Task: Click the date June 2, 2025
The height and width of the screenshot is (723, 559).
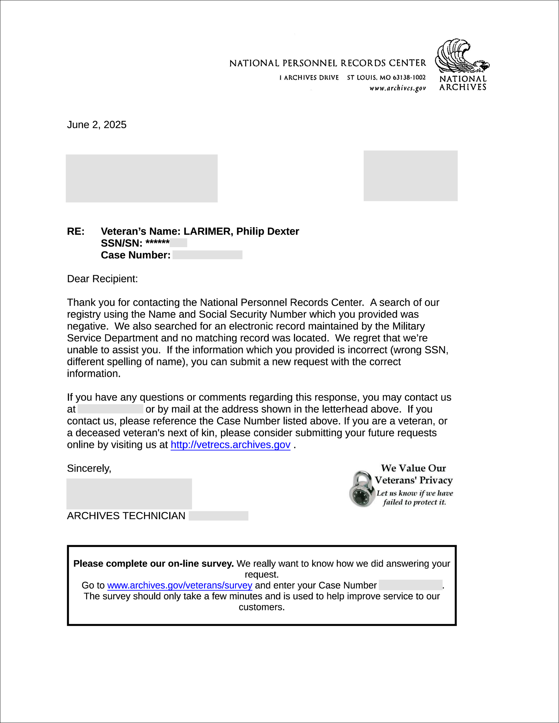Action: tap(96, 125)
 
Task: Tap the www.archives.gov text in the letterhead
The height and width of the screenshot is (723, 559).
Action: tap(398, 88)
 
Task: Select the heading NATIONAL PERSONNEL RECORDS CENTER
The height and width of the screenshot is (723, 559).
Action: tap(328, 63)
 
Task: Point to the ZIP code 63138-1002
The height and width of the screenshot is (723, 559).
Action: tap(409, 78)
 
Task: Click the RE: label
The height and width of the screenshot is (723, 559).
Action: tap(76, 231)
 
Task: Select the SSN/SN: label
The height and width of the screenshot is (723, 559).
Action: tap(122, 243)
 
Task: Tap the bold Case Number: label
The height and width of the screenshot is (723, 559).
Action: tap(135, 255)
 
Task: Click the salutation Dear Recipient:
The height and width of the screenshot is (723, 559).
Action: tap(102, 279)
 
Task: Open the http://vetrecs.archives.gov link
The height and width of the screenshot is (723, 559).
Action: tap(231, 445)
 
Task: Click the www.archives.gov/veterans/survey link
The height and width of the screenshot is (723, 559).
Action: tap(180, 585)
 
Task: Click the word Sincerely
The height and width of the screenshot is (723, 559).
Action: tap(89, 468)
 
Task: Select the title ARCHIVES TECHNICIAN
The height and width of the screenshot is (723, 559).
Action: tap(126, 516)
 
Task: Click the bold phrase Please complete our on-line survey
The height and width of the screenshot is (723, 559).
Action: tap(154, 563)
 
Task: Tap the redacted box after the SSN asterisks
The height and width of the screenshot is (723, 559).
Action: tap(178, 243)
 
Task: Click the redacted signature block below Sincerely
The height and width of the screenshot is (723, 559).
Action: tap(129, 494)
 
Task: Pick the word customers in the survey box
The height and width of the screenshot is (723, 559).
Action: tap(261, 607)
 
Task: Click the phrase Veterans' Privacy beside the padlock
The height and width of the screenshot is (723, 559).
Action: tap(414, 480)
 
